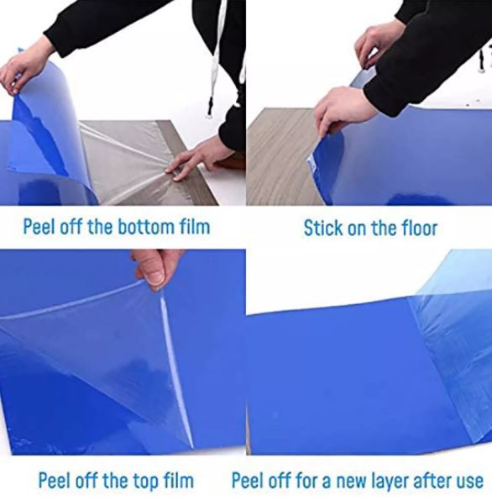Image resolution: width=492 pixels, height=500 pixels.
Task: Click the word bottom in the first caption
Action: [144, 227]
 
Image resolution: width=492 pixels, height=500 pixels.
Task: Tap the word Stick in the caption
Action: [322, 227]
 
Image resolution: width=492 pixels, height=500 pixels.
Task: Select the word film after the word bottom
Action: [192, 227]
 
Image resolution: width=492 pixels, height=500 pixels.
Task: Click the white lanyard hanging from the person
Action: [219, 59]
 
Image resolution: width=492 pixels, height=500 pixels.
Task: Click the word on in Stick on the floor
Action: [358, 227]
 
